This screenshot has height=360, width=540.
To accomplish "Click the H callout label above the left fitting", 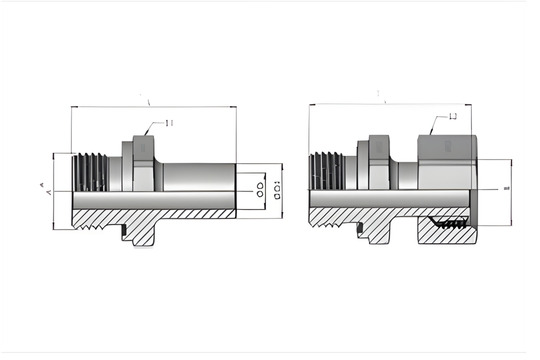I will tap(169, 123).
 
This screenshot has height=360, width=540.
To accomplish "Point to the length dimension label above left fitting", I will tap(148, 102).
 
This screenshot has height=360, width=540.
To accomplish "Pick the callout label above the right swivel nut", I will tap(453, 117).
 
